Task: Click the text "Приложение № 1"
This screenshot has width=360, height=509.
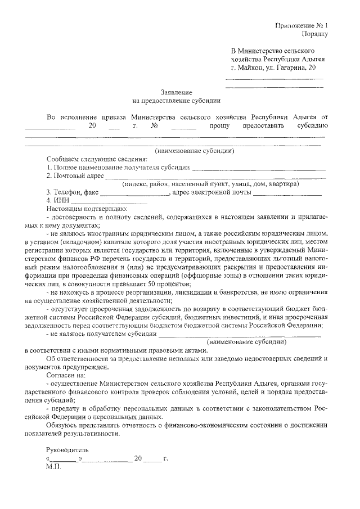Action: coord(301,25)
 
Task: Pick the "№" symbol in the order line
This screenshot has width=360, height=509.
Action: coord(153,126)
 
